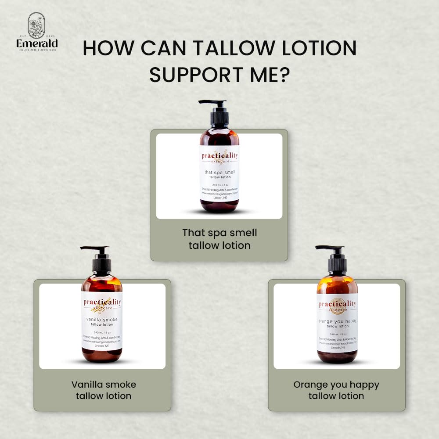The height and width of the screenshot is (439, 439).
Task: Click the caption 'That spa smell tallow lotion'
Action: click(219, 239)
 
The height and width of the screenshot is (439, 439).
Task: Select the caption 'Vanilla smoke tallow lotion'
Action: click(104, 390)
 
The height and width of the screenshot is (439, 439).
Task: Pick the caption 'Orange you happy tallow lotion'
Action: click(336, 390)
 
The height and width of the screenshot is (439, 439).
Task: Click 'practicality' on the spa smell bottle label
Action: click(219, 155)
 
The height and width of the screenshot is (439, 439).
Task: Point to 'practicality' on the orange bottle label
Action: click(338, 304)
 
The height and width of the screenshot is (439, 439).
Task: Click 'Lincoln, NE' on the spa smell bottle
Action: click(219, 198)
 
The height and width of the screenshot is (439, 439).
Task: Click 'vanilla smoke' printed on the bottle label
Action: click(102, 320)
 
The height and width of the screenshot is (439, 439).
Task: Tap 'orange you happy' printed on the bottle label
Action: click(337, 321)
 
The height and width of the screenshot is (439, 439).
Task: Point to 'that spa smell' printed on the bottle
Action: click(219, 173)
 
